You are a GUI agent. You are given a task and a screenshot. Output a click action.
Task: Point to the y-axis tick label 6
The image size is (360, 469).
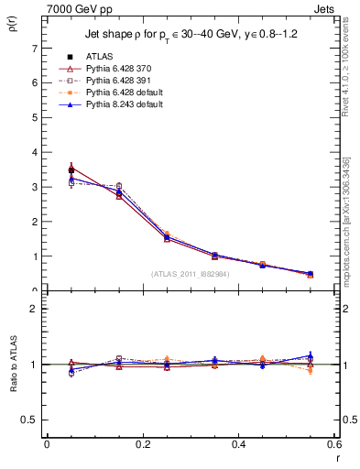point(35,82)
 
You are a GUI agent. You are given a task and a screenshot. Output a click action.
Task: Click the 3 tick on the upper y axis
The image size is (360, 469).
point(35,187)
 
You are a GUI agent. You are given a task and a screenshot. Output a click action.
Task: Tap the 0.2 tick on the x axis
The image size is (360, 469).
point(142,444)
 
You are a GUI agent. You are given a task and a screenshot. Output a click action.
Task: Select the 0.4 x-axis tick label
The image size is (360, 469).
point(238,444)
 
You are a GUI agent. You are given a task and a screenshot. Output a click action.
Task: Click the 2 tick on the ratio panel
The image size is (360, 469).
point(35,309)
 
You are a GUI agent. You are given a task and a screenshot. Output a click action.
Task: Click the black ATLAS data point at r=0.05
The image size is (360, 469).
point(71,170)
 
